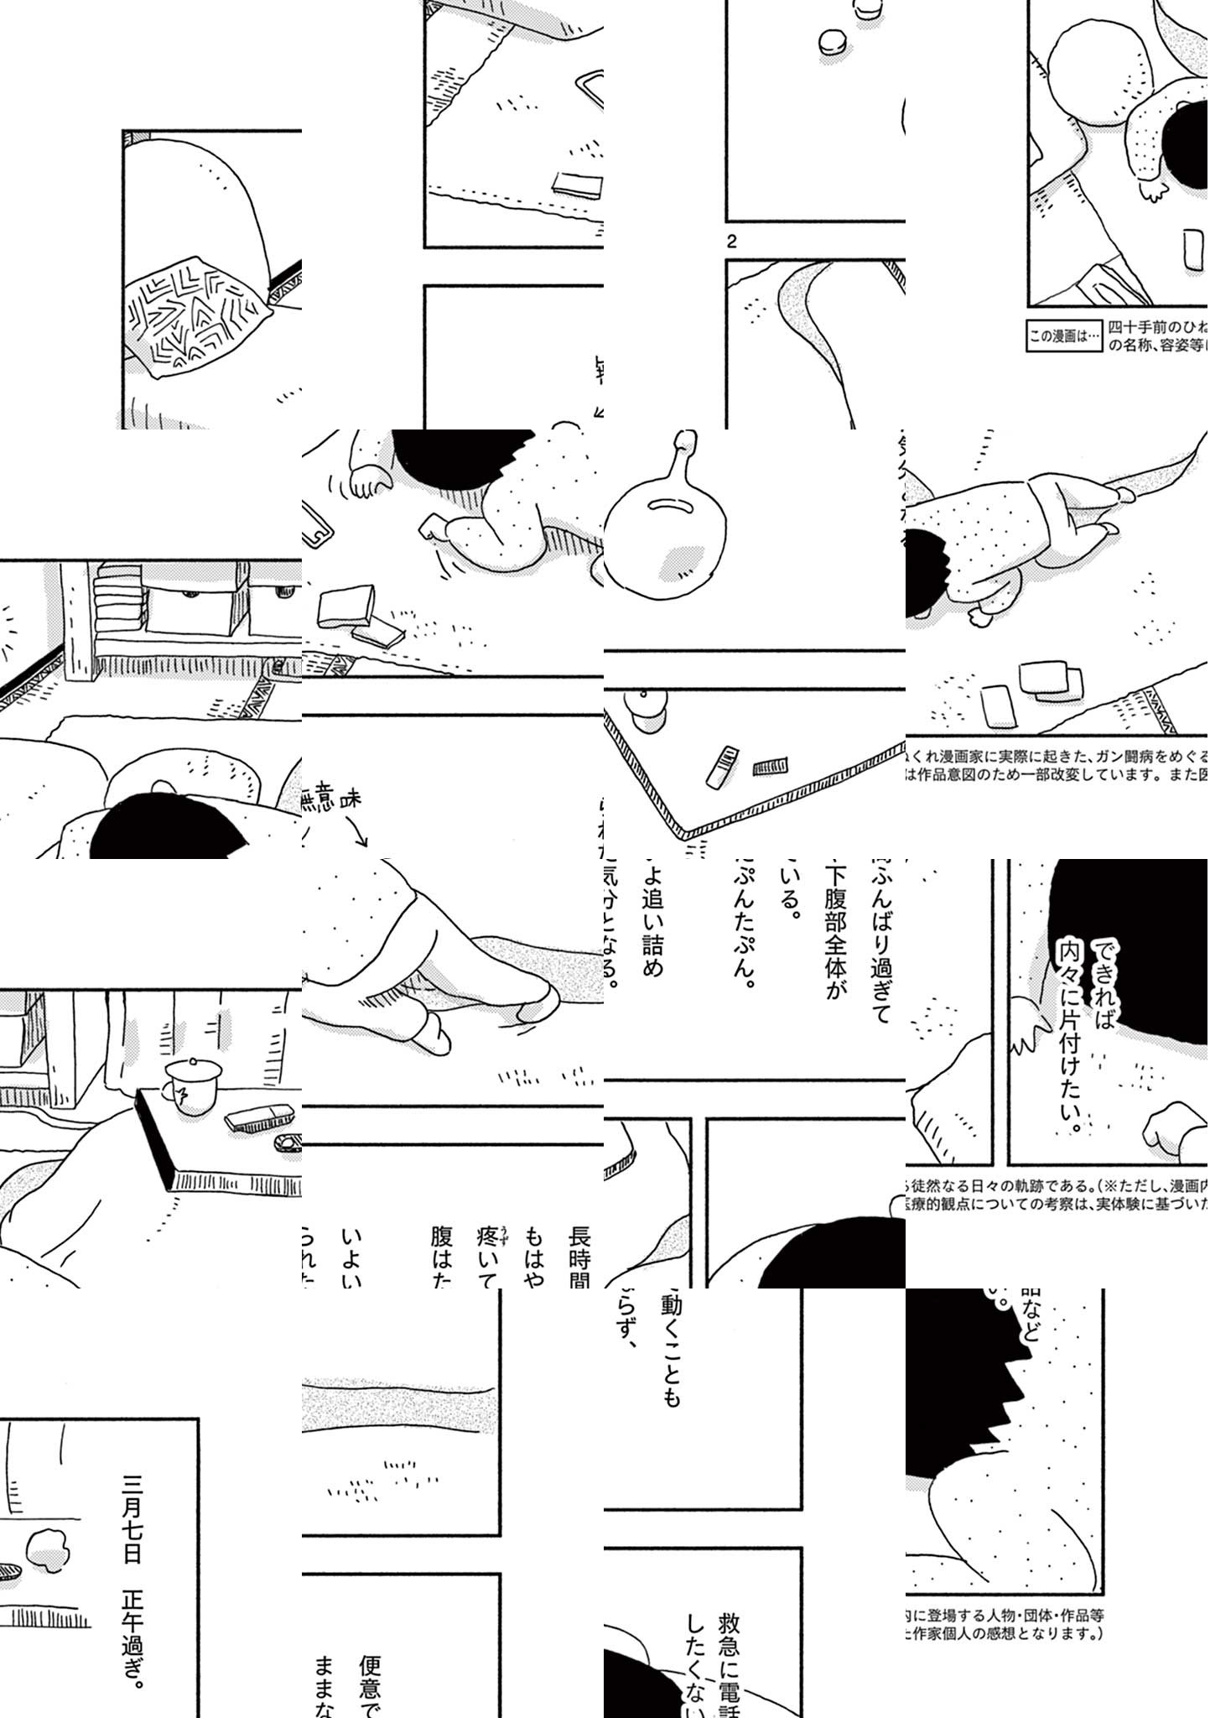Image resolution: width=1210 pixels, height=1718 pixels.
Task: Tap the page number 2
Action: [732, 242]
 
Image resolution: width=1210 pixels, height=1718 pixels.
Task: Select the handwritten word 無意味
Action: [331, 800]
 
